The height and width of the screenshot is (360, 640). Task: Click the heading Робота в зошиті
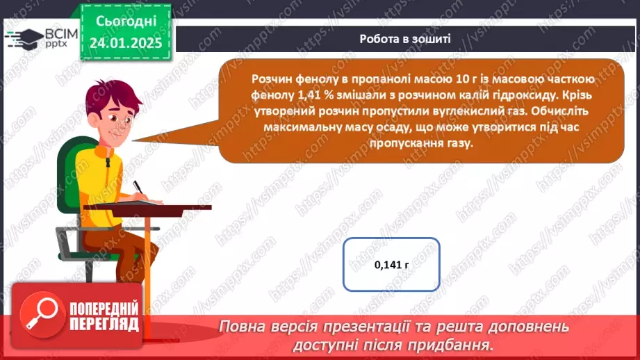pyautogui.click(x=405, y=39)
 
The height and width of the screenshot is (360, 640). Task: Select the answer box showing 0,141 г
pyautogui.click(x=392, y=264)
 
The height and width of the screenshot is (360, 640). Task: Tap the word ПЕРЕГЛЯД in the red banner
pyautogui.click(x=105, y=325)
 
